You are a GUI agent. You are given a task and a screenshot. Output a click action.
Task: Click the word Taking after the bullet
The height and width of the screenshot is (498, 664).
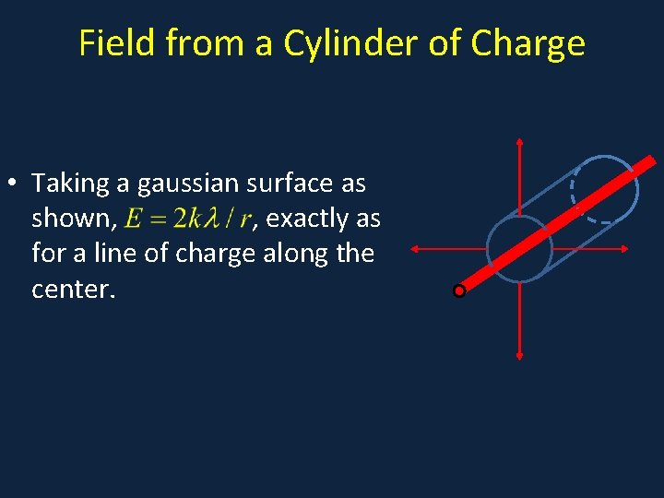[70, 184]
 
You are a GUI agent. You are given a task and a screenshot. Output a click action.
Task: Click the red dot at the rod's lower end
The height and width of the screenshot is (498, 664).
[459, 291]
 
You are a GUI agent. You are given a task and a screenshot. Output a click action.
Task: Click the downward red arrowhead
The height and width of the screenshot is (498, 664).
[520, 353]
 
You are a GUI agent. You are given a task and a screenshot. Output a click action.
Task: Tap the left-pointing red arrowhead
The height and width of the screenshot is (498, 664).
[414, 248]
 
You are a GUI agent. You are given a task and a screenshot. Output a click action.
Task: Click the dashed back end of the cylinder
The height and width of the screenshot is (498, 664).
[576, 191]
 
